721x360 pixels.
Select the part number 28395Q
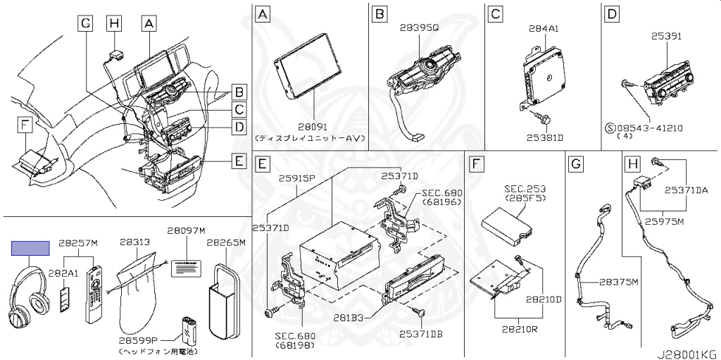coord(419,27)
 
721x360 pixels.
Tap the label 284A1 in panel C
coord(544,29)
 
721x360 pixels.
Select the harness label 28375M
coord(617,282)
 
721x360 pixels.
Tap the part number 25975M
coord(665,221)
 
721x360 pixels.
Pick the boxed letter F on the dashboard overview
coord(25,125)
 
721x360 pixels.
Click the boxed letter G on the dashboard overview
coord(85,24)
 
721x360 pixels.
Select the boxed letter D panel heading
coord(612,13)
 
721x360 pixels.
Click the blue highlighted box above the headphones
coord(30,247)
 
